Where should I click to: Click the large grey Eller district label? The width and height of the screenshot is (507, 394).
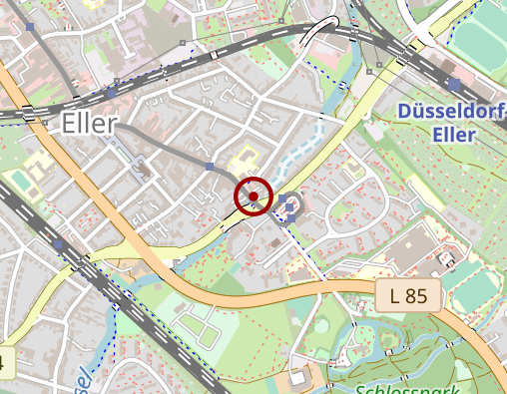(89, 123)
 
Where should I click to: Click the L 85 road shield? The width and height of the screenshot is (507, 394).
(408, 295)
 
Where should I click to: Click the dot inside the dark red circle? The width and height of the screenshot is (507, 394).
(253, 197)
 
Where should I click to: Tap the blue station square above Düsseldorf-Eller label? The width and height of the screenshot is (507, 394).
(454, 85)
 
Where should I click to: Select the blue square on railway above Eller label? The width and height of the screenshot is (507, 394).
(110, 93)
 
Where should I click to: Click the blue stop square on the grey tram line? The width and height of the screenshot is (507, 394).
(209, 167)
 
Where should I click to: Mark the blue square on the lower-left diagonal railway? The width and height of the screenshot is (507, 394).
(59, 244)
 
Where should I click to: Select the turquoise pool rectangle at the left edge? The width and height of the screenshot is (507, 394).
(19, 181)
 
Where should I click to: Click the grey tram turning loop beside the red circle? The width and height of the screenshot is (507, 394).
(288, 204)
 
